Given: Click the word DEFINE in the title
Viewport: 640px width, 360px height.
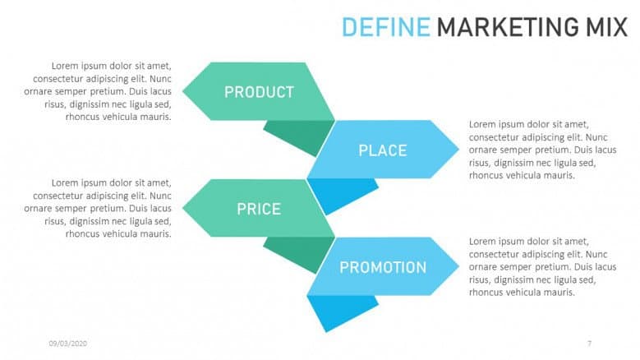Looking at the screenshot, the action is click(x=385, y=27).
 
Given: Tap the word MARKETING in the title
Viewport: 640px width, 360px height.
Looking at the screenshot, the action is click(x=508, y=27).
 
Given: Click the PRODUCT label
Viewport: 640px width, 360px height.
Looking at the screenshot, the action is click(x=259, y=92).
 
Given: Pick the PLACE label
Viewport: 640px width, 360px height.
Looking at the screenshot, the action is click(x=383, y=150).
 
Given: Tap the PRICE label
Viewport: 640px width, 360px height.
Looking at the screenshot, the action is click(x=259, y=210).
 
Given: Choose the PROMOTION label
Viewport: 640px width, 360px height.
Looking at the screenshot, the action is click(x=383, y=268).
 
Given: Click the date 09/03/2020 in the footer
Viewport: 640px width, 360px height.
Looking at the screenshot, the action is click(x=67, y=344).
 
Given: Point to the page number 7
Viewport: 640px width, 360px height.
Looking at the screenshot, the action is click(x=589, y=344).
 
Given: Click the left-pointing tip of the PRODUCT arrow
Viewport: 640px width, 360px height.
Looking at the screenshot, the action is click(x=182, y=91).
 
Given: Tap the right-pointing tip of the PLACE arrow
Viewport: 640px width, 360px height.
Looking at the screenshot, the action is click(x=459, y=150).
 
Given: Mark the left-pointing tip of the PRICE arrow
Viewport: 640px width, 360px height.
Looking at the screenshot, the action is click(x=182, y=208).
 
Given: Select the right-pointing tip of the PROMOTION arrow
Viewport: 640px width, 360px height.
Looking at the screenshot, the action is click(x=459, y=266).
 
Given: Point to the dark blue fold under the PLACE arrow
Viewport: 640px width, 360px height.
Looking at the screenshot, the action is click(x=338, y=192).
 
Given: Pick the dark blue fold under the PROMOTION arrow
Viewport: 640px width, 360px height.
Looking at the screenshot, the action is click(x=338, y=310).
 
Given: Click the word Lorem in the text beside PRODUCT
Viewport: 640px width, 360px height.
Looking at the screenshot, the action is click(x=65, y=66).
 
